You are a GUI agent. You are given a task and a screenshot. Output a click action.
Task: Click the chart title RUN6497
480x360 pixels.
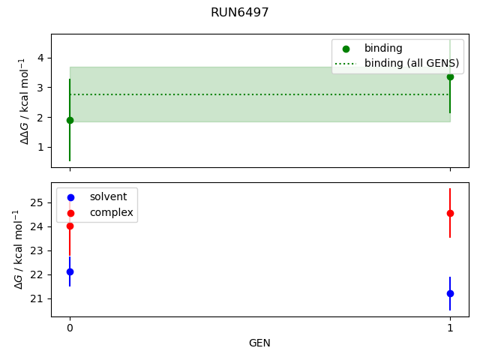pyautogui.click(x=240, y=13)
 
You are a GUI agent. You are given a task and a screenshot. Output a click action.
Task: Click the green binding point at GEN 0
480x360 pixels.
pyautogui.click(x=70, y=120)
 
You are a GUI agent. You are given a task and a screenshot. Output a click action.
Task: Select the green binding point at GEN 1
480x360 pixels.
pyautogui.click(x=450, y=76)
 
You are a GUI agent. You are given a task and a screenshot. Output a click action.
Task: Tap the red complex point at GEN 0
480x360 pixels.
pyautogui.click(x=70, y=226)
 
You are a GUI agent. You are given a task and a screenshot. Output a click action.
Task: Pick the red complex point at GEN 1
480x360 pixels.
pyautogui.click(x=450, y=213)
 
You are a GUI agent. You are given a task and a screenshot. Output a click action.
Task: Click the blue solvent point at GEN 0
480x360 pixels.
pyautogui.click(x=70, y=271)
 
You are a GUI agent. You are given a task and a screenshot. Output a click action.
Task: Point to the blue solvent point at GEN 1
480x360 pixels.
pyautogui.click(x=450, y=293)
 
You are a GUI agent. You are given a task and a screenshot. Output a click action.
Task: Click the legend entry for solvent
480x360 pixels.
pyautogui.click(x=108, y=197)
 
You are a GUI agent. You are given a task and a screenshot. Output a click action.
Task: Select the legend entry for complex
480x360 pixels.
pyautogui.click(x=111, y=213)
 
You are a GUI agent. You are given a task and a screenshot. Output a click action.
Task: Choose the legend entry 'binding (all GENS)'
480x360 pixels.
pyautogui.click(x=411, y=64)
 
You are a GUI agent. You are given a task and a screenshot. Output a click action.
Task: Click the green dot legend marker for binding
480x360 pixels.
pyautogui.click(x=346, y=49)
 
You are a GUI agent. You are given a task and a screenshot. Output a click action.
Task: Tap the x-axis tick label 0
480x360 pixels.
pyautogui.click(x=70, y=328)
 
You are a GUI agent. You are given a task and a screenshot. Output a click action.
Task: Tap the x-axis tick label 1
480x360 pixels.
pyautogui.click(x=450, y=328)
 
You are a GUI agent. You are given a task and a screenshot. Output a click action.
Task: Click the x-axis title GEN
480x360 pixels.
pyautogui.click(x=259, y=343)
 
